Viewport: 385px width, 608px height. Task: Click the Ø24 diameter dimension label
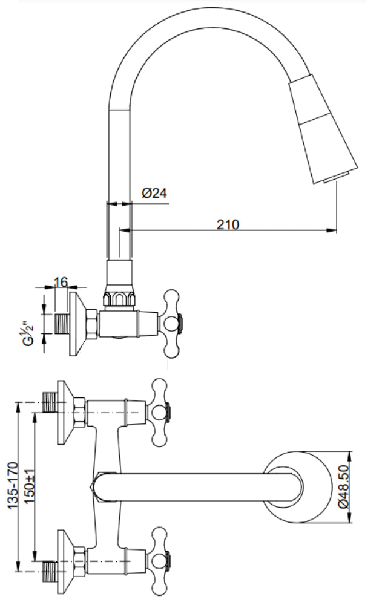(x=154, y=193)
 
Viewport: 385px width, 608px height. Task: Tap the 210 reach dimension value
(x=228, y=224)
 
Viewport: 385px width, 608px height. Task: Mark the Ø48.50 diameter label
(x=343, y=488)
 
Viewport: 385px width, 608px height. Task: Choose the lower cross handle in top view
(x=160, y=555)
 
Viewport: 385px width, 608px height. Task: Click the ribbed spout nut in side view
(x=119, y=299)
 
